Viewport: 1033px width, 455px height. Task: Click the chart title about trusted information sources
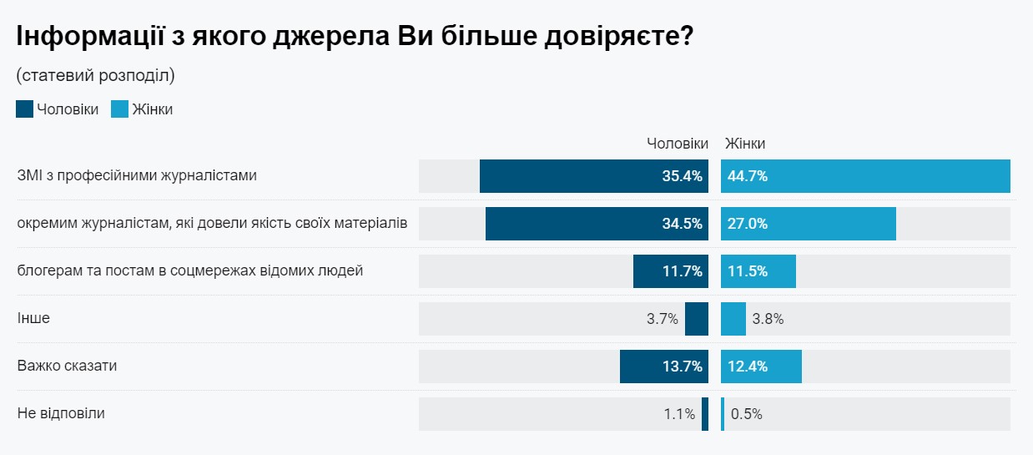[355, 37]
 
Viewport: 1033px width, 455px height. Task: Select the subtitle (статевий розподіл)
[95, 75]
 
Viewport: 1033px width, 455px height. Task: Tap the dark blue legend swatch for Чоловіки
[24, 109]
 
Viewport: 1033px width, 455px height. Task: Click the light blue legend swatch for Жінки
[120, 109]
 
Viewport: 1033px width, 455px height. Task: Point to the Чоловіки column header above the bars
[678, 144]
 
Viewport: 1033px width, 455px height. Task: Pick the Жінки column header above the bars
[745, 144]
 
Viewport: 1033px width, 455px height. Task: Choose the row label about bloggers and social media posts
[190, 270]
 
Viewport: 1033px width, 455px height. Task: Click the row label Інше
[28, 318]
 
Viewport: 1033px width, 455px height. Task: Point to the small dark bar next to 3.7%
[697, 319]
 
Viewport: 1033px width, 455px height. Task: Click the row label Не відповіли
[61, 413]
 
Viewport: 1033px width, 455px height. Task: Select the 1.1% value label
[679, 414]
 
